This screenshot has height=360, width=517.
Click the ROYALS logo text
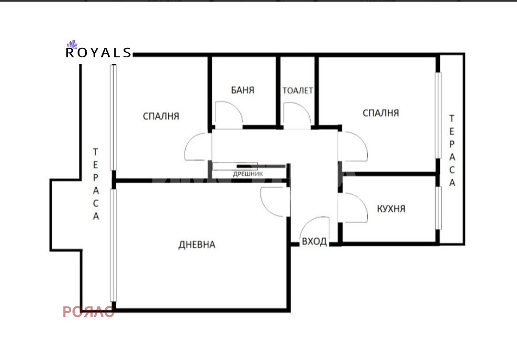pyautogui.click(x=99, y=53)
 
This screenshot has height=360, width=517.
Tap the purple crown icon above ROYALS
pyautogui.click(x=72, y=44)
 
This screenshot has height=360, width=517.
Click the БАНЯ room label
pyautogui.click(x=243, y=90)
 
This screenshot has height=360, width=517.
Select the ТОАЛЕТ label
pyautogui.click(x=298, y=90)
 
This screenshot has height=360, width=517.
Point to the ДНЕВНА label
pyautogui.click(x=197, y=245)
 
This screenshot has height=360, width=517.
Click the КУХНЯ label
pyautogui.click(x=391, y=209)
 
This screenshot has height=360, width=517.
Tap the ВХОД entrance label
pyautogui.click(x=315, y=242)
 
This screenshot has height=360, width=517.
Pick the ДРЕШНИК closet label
pyautogui.click(x=248, y=174)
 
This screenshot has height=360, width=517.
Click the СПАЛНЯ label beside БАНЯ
pyautogui.click(x=161, y=116)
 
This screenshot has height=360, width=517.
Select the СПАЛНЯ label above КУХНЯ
pyautogui.click(x=381, y=113)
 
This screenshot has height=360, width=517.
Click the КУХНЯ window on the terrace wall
pyautogui.click(x=438, y=208)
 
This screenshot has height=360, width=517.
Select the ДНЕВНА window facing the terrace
pyautogui.click(x=113, y=245)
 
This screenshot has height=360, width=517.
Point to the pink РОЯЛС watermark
pyautogui.click(x=89, y=312)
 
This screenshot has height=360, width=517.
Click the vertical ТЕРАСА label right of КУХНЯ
pyautogui.click(x=452, y=150)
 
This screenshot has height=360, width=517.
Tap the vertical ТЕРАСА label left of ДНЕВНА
pyautogui.click(x=96, y=184)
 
